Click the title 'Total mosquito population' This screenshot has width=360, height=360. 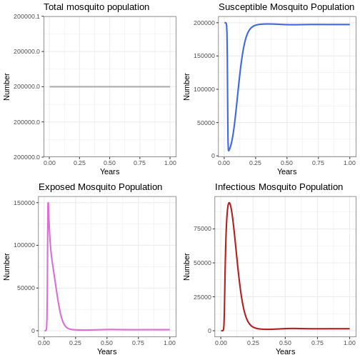coord(96,7)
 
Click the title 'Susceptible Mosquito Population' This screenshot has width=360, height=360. coord(286,7)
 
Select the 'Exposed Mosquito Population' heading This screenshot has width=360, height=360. coord(100,187)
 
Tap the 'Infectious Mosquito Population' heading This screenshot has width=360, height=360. coord(279,187)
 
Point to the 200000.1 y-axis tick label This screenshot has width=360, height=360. coord(27,16)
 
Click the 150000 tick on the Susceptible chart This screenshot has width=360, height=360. coord(204,56)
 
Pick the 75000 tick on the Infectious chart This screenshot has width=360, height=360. coord(202,229)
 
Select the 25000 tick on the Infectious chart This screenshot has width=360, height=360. coord(202,297)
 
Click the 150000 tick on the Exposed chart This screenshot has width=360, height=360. coord(24,203)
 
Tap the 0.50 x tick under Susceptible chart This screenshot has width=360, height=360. coord(286,163)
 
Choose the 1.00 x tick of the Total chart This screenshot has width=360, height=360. coord(170,163)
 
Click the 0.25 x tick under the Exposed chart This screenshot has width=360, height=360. coord(75,343)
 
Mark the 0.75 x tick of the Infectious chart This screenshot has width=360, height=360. coord(317,343)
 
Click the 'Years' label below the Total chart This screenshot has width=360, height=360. coord(110,171)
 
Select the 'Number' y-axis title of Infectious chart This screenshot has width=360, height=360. coord(186,266)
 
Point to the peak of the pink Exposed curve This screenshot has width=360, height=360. coord(48,203)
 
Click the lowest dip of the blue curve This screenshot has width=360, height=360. coord(229,151)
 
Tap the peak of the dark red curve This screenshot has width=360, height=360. coord(229,203)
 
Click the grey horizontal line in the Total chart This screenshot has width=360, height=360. coord(110,86)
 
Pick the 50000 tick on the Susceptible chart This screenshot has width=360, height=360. coord(206,123)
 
